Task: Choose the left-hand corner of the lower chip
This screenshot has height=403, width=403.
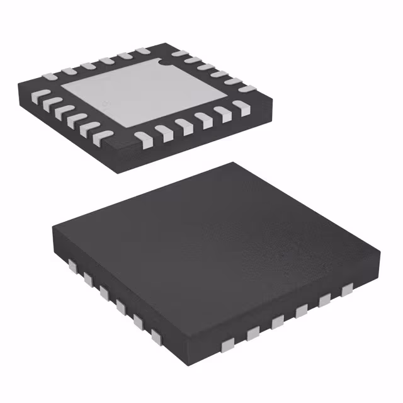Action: pyautogui.click(x=52, y=228)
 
